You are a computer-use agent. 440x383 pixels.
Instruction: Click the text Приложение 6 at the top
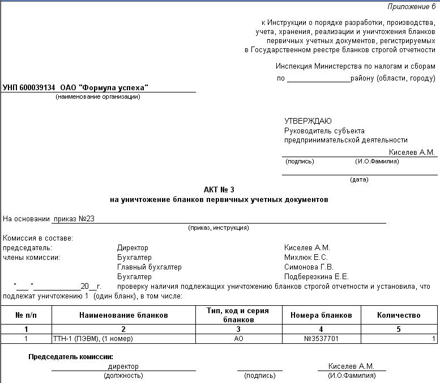click(x=411, y=6)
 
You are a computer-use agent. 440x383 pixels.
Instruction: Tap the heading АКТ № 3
click(x=219, y=190)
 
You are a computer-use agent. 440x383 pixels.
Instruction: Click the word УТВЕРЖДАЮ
click(x=308, y=121)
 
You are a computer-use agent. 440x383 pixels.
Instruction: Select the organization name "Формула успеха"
click(x=114, y=88)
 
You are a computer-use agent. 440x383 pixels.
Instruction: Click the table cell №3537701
click(x=321, y=339)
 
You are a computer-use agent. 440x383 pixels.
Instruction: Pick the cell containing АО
click(x=238, y=339)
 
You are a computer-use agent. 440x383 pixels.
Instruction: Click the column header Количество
click(x=399, y=315)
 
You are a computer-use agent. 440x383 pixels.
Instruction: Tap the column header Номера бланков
click(x=321, y=315)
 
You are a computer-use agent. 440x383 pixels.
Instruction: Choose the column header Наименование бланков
click(x=123, y=315)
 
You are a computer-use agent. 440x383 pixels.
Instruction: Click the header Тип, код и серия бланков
click(x=238, y=315)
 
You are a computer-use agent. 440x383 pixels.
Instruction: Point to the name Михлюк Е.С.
click(x=306, y=257)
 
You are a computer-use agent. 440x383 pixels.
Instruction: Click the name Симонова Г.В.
click(x=309, y=267)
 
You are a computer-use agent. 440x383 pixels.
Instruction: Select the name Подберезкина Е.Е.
click(x=316, y=276)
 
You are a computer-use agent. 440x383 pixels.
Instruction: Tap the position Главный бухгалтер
click(x=149, y=267)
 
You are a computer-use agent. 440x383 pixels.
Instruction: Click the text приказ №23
click(x=74, y=218)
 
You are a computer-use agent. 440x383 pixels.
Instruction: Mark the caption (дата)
click(x=359, y=179)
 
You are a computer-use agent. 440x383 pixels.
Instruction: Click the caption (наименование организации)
click(x=98, y=96)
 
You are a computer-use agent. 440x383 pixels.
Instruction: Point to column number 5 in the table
click(x=399, y=329)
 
